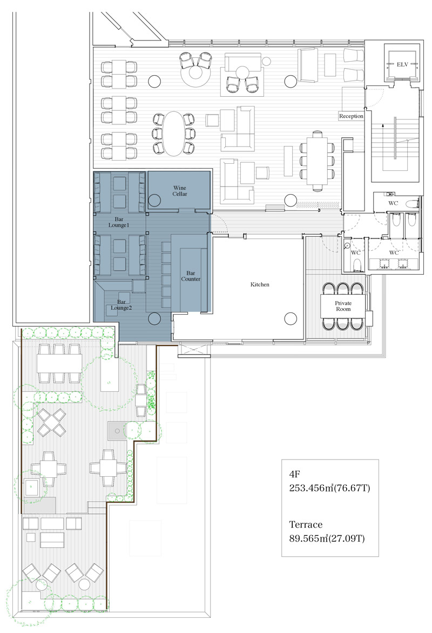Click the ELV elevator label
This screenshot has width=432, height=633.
click(x=402, y=64)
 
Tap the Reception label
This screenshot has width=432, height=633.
click(x=351, y=116)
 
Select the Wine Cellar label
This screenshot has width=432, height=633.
click(x=180, y=190)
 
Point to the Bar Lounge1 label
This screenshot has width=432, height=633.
click(x=119, y=222)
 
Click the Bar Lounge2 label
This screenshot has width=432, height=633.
click(x=122, y=305)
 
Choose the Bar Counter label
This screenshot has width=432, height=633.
click(x=191, y=276)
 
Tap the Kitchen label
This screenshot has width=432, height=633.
click(x=260, y=285)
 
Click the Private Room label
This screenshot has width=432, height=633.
click(x=343, y=306)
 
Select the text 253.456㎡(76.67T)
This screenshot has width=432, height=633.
click(x=329, y=488)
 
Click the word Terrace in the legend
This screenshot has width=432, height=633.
click(x=306, y=524)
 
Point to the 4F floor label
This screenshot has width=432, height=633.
click(x=295, y=474)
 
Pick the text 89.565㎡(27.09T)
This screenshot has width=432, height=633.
click(x=327, y=538)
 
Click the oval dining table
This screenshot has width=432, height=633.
click(x=173, y=134)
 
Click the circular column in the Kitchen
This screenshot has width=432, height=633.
click(x=291, y=318)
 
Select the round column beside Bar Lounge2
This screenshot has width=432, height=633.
click(x=154, y=318)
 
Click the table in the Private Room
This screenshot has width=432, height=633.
click(x=343, y=306)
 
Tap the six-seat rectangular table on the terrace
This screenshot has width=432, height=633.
click(x=59, y=363)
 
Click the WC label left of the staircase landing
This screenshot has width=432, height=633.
click(x=355, y=253)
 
